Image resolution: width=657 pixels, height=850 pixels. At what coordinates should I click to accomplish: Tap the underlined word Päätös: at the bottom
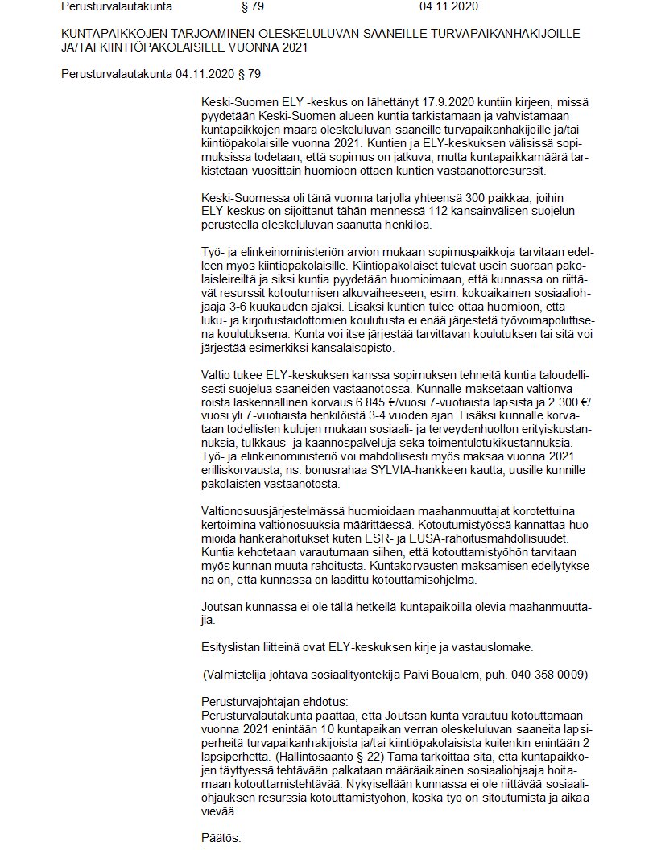(220, 838)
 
